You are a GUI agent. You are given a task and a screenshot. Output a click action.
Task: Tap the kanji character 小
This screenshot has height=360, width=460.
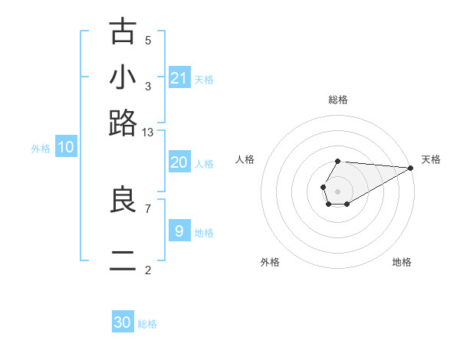123,77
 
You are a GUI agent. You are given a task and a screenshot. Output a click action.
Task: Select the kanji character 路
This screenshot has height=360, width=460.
123,123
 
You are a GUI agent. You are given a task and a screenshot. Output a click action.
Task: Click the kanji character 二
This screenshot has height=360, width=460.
123,260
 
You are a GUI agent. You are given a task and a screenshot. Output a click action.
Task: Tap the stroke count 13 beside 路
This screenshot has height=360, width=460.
148,132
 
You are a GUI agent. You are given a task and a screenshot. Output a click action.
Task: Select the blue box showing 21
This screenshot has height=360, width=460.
179,77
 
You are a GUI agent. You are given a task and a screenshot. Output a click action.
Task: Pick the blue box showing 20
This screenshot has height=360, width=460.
179,162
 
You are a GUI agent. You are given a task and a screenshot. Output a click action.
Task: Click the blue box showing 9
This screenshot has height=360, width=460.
179,231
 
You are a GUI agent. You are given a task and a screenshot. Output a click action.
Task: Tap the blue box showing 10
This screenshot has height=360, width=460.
66,148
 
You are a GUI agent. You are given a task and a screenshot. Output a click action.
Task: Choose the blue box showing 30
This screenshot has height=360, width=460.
123,322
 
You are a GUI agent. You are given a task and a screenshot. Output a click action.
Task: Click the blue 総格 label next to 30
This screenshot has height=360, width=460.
147,324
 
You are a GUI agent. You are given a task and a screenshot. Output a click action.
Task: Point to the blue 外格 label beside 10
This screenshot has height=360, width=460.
41,149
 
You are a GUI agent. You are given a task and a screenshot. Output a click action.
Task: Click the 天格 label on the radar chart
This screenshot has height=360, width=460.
431,159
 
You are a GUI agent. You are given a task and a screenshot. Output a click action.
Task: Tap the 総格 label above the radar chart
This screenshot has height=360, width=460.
337,100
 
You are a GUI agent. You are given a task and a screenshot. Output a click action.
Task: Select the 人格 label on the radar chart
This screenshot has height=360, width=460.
245,159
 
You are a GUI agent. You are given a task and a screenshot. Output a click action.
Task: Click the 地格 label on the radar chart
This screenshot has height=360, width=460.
402,262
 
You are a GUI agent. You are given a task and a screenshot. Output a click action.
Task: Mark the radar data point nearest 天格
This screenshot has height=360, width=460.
410,168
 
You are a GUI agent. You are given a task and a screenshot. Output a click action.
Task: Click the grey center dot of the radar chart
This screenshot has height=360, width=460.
337,191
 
